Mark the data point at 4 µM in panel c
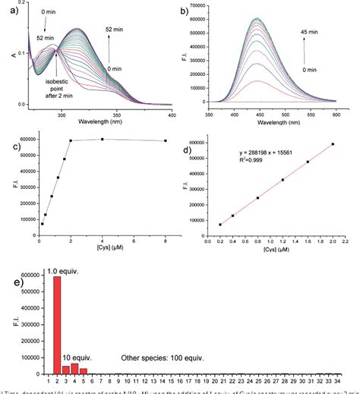pos(103,139)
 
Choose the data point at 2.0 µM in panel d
pos(332,144)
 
